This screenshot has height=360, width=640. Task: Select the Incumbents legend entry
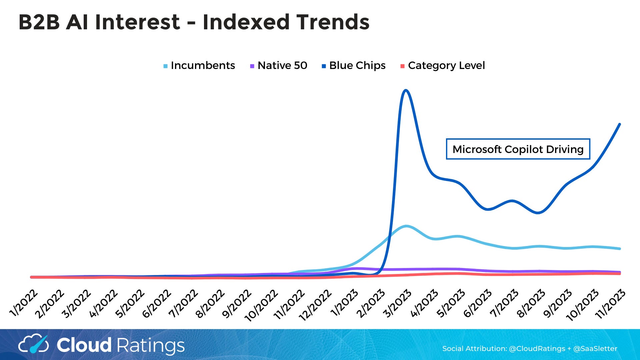(x=199, y=66)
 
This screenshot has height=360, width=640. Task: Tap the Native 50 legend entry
(x=279, y=66)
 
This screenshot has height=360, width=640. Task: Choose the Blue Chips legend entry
(x=354, y=66)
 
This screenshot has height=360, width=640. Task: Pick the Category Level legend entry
(x=443, y=66)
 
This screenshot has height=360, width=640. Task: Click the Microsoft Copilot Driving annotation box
(x=518, y=149)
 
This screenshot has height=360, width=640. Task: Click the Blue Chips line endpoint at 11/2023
(x=620, y=124)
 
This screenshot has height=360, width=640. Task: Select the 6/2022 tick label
(x=157, y=303)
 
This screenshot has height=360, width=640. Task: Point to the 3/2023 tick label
(x=397, y=303)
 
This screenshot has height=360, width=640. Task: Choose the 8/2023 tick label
(x=531, y=303)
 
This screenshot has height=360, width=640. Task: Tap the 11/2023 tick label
(x=610, y=304)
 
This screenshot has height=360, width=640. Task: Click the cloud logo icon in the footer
(x=33, y=344)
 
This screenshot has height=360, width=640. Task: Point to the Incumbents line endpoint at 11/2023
(x=620, y=249)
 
